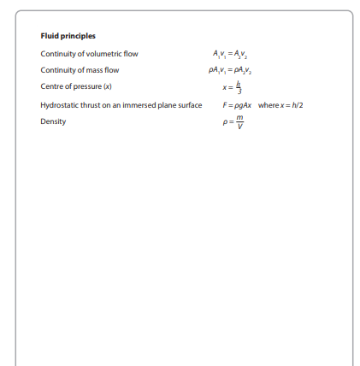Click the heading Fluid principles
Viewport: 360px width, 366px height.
[x=68, y=36]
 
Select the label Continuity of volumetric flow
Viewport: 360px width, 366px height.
[x=89, y=54]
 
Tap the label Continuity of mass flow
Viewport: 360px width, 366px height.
[x=80, y=70]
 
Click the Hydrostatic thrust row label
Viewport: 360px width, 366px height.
[x=121, y=104]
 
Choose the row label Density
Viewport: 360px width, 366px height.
[x=53, y=121]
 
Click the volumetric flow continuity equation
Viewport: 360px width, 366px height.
[x=226, y=54]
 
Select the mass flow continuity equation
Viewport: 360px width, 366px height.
[x=226, y=70]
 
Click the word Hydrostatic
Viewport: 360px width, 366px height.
[x=59, y=104]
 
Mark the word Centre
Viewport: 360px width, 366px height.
[x=52, y=86]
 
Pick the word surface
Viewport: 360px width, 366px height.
[x=189, y=104]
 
